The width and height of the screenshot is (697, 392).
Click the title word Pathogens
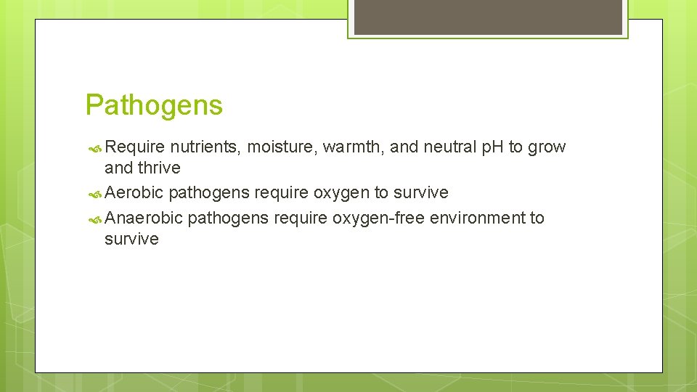[154, 105]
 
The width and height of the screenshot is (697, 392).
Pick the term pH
[493, 147]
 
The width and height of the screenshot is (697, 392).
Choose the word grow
[547, 147]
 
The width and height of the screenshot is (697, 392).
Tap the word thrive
[160, 168]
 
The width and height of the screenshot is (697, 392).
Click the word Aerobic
[134, 193]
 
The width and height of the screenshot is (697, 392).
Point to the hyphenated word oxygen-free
[379, 218]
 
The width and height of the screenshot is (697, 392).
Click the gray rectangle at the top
[488, 17]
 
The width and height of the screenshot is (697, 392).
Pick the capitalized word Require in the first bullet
[135, 147]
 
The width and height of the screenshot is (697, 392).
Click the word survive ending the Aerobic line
[421, 193]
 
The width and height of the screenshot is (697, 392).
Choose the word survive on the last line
[131, 240]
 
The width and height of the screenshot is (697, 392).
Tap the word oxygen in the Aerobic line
[343, 193]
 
